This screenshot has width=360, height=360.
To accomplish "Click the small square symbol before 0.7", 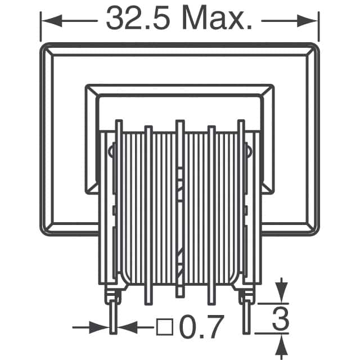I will [163, 326].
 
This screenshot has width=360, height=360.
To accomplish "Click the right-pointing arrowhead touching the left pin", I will [103, 326].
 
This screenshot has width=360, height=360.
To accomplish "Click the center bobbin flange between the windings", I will [180, 208].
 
